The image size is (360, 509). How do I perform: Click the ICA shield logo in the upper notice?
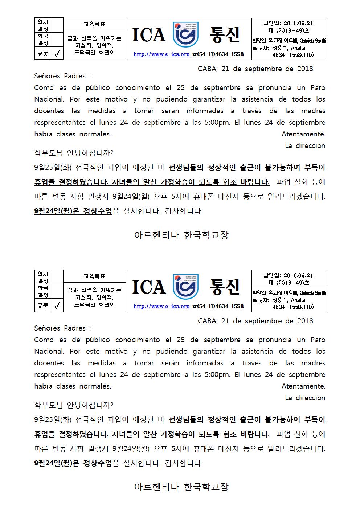(185, 35)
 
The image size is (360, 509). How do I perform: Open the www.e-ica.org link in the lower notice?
(161, 307)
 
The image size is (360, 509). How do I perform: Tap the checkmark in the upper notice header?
(57, 54)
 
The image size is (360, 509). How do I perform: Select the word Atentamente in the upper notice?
(303, 134)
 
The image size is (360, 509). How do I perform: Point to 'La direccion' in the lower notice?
(305, 398)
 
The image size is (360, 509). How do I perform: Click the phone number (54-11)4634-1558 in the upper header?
(220, 54)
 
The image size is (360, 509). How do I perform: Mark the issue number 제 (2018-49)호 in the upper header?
(289, 31)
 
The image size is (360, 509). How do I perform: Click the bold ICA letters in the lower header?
(149, 287)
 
